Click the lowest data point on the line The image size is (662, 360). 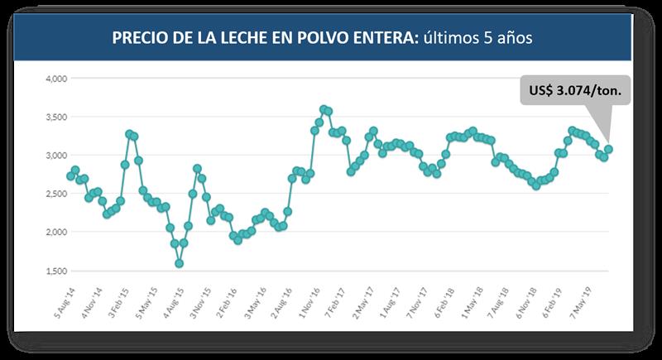(x=179, y=263)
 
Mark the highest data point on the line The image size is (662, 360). (x=324, y=109)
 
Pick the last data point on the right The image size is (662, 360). (x=608, y=149)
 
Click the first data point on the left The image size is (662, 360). (x=70, y=175)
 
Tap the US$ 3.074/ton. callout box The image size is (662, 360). (x=575, y=89)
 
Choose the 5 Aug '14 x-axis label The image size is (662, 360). (x=61, y=304)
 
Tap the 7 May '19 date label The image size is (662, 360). (x=576, y=304)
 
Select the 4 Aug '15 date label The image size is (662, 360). (x=170, y=304)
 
